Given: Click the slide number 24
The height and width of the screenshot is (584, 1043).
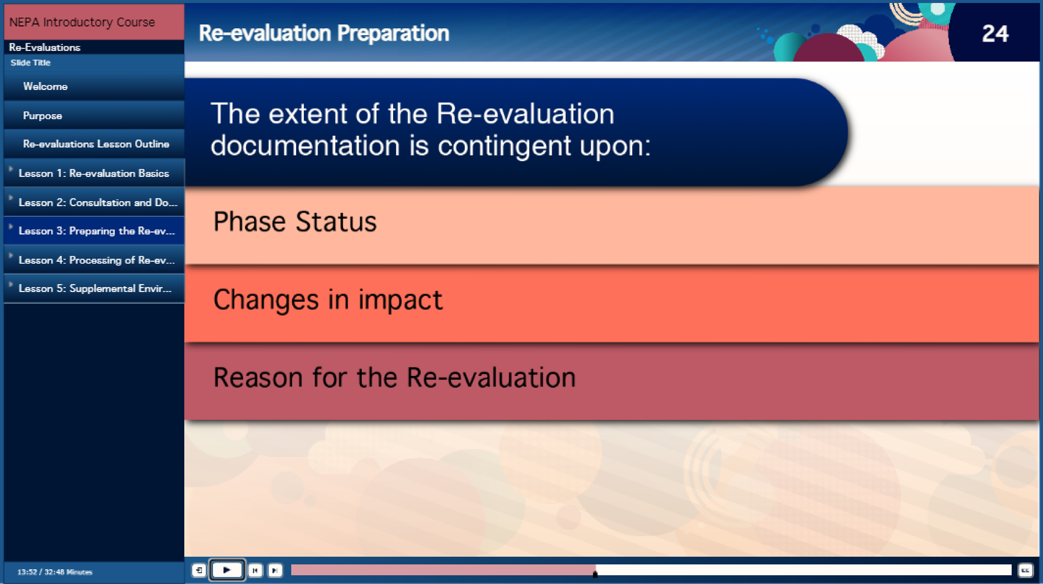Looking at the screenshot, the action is pos(995,34).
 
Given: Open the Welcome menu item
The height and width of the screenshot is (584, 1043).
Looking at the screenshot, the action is pos(45,86).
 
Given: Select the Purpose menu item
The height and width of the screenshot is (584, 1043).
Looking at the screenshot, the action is pos(43,116).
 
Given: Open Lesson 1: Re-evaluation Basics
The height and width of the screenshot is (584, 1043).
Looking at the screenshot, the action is pos(94,173).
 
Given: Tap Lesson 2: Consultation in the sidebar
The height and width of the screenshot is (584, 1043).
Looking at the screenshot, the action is pos(98,202).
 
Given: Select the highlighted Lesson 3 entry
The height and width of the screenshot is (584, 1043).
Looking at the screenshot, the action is pos(97,231).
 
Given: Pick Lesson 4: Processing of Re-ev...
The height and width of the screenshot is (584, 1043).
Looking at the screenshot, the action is pos(97,260).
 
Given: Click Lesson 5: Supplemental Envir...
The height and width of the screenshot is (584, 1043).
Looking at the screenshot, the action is pos(95,288).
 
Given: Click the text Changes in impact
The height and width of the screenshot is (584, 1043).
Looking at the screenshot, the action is pos(328,300).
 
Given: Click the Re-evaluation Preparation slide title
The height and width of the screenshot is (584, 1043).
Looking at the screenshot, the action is pos(324,33).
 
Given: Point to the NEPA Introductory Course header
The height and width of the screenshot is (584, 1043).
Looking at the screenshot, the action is pos(82,22).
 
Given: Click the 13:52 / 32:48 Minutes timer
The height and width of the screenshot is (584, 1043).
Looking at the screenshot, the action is pos(55,572).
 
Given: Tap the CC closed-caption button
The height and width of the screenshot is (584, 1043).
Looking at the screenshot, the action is pos(1025,571).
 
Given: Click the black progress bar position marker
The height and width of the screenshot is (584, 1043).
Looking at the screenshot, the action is pos(595,573).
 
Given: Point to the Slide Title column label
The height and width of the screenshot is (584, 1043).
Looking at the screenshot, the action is pos(30,63).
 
